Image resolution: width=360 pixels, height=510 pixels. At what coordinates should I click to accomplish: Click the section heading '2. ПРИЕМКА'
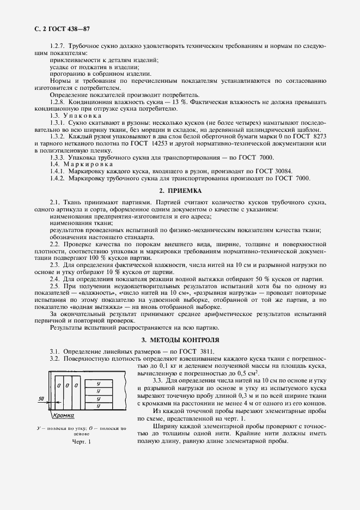180,191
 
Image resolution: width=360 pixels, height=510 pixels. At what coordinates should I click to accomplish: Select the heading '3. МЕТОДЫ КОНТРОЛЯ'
180,340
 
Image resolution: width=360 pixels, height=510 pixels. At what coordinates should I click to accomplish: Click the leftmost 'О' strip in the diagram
59,385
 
